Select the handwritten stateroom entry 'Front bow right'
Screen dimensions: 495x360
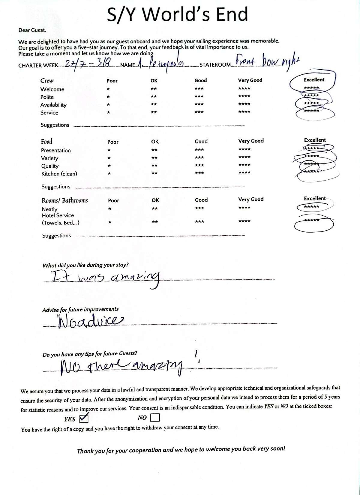[266, 61]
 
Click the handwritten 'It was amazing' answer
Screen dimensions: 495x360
[105, 278]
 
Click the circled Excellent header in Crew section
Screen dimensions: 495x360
[314, 80]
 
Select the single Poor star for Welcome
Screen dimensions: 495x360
[108, 89]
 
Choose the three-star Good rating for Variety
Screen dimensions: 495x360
[199, 157]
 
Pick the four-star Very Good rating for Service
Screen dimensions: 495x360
[244, 112]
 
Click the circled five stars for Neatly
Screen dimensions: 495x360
[311, 207]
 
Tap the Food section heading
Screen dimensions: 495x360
[47, 141]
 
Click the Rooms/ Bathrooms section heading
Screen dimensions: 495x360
[64, 200]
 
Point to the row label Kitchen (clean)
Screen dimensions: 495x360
[59, 174]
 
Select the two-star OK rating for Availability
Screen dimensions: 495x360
[154, 104]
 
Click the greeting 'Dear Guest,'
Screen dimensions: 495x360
[32, 30]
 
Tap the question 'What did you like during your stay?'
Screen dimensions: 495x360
[85, 265]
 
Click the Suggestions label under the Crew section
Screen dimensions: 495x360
[55, 125]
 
